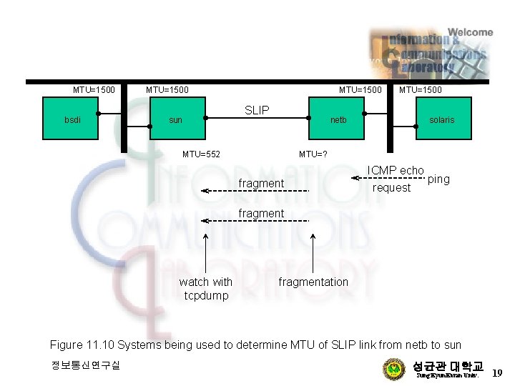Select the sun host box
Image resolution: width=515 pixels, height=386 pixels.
(x=175, y=120)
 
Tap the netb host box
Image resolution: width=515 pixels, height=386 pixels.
(x=338, y=120)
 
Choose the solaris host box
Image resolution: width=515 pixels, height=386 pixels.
(x=441, y=120)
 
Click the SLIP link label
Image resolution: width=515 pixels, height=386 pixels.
(x=257, y=110)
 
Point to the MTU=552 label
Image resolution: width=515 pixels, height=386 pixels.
(x=201, y=154)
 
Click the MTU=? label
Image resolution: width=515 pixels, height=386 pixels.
(x=314, y=154)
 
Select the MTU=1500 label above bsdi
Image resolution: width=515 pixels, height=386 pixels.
(x=94, y=90)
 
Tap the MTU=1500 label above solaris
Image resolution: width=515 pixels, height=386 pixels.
(x=420, y=90)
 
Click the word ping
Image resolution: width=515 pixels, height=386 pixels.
(x=438, y=179)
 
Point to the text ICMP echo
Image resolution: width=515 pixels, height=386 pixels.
(x=396, y=170)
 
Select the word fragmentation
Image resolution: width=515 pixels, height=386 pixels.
(x=313, y=282)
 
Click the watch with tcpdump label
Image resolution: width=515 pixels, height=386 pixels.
(x=205, y=289)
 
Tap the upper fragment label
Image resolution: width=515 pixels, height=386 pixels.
(x=261, y=184)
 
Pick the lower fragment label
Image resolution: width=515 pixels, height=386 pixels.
(x=261, y=213)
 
